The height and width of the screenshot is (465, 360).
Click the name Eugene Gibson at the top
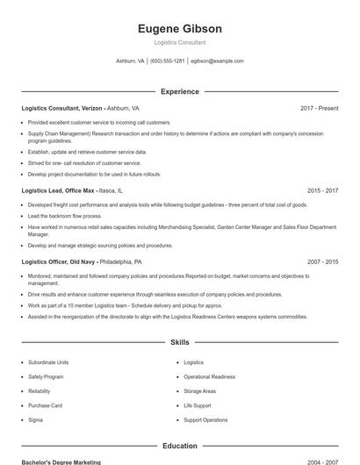tap(180, 29)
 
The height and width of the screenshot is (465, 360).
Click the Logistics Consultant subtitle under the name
tap(180, 42)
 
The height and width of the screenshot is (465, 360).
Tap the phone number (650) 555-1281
tap(167, 61)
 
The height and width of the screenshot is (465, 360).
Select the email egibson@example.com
tap(217, 61)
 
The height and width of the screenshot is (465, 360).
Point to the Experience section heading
tap(180, 91)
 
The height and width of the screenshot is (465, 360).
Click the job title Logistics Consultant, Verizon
tap(63, 108)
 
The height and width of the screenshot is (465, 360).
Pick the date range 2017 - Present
tap(319, 108)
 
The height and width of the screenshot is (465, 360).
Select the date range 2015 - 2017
tap(322, 190)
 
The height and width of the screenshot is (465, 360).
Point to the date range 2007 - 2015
tap(322, 261)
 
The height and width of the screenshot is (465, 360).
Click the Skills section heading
tap(180, 342)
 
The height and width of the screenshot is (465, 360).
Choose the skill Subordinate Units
tap(48, 362)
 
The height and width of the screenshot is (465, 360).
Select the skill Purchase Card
tap(45, 405)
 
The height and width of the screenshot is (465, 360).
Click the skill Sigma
tap(36, 420)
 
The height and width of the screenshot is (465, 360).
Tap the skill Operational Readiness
tap(209, 376)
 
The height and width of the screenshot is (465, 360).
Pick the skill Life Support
tap(198, 405)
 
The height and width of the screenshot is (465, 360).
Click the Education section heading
tap(180, 446)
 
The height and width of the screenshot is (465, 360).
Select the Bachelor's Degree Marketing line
tap(61, 461)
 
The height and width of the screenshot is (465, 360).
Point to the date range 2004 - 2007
tap(322, 461)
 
